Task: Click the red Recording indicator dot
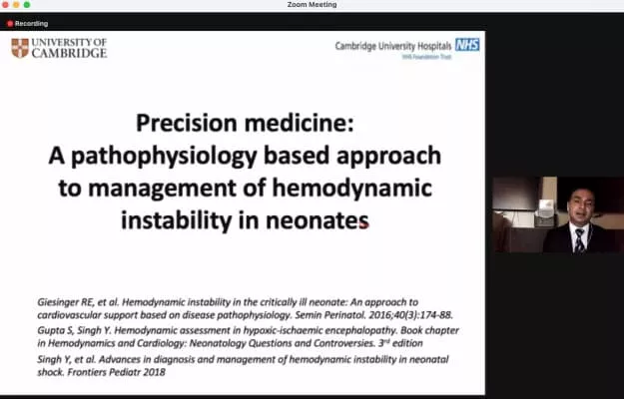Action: tap(10, 23)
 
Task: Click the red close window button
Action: tap(6, 5)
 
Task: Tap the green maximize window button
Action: tap(27, 5)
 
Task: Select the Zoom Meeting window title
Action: tap(312, 5)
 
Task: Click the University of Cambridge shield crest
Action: tap(20, 48)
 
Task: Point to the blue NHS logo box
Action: tap(466, 44)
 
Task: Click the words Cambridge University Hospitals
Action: tap(394, 45)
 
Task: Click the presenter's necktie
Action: tap(579, 240)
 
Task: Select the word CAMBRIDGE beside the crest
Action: tap(70, 53)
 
